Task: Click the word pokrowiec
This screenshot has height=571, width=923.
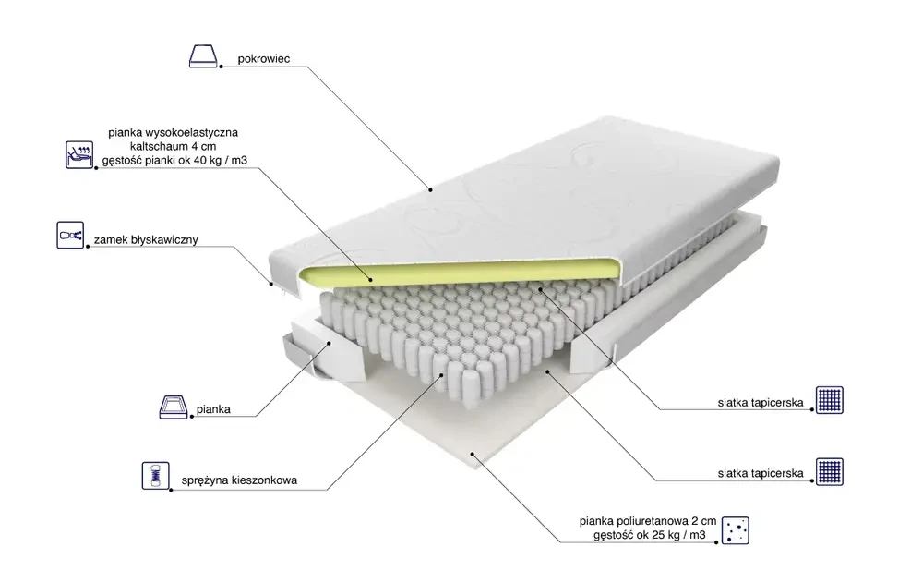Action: point(264,59)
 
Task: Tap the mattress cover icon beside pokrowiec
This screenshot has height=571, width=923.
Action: point(203,56)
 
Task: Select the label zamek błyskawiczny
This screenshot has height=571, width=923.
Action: point(146,240)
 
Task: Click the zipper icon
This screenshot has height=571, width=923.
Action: point(70,235)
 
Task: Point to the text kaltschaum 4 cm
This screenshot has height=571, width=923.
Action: point(174,146)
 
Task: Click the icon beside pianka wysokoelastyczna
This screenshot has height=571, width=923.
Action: point(79,155)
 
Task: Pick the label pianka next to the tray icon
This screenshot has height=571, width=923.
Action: point(213,409)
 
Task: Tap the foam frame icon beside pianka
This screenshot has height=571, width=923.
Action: point(174,407)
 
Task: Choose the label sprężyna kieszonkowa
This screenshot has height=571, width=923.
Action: point(239,480)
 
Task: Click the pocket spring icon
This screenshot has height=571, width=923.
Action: point(155,476)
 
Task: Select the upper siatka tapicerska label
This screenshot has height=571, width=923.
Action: point(761,403)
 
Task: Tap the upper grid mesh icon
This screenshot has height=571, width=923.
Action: point(830,400)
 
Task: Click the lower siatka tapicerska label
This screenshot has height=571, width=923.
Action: point(761,473)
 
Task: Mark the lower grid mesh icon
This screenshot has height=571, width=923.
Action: point(830,471)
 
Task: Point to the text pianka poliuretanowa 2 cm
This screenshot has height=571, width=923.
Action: point(648,521)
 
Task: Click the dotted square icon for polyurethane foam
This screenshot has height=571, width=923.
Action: point(736,530)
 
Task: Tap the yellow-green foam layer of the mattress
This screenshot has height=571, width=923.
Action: point(459,271)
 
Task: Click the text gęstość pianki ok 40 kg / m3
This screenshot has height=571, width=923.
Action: point(174,160)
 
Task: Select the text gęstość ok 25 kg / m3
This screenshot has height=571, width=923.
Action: point(650,535)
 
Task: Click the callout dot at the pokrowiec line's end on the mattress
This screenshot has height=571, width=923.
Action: point(430,189)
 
